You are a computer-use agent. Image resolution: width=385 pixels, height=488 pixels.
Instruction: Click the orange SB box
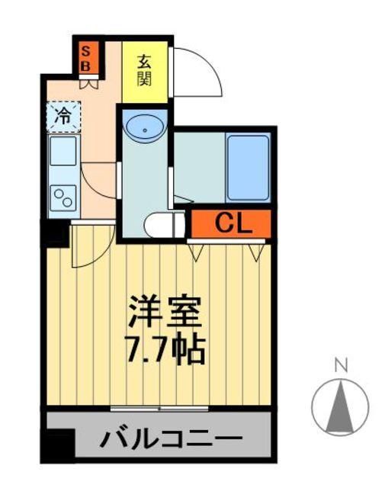coord(86,58)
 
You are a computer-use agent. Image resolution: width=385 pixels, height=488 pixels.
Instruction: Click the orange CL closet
coord(230,223)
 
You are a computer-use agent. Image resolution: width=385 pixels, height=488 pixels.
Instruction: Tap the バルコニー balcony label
coord(172,440)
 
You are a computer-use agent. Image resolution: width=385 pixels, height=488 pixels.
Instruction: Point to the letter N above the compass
coord(341,365)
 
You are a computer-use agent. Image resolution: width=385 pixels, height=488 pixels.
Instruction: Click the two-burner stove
coord(63,197)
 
